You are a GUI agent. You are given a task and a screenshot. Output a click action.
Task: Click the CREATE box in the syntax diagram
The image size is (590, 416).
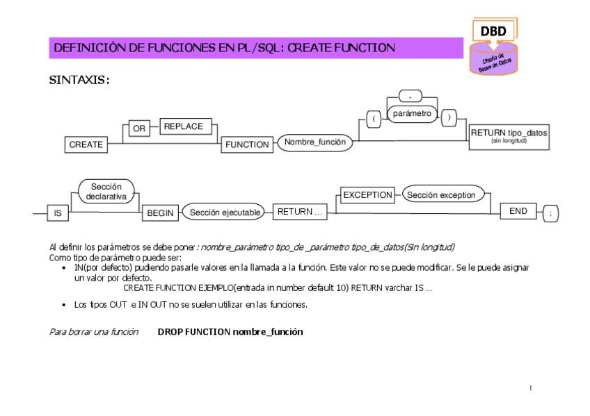(86, 144)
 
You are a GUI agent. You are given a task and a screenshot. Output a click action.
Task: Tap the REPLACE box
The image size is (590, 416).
(184, 126)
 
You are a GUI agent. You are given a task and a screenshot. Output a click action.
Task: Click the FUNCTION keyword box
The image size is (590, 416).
(247, 144)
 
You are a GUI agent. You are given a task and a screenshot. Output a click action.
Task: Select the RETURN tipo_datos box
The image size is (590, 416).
(509, 134)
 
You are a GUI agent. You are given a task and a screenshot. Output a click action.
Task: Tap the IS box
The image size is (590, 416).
(58, 214)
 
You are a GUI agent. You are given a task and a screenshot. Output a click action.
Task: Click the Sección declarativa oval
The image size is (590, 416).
(106, 192)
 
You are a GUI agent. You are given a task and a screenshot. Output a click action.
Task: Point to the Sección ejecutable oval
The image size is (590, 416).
(224, 213)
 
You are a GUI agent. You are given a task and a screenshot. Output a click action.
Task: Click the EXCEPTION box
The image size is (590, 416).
(367, 195)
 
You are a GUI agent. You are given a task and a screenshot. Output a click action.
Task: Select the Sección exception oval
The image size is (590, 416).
(440, 195)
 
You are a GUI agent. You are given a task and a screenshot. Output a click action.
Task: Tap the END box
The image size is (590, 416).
(518, 211)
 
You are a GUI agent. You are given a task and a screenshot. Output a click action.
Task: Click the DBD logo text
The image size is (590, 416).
(493, 31)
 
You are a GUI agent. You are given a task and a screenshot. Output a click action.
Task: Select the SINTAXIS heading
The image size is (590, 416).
(79, 80)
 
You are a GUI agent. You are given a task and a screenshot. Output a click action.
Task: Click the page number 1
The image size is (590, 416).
(531, 388)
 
